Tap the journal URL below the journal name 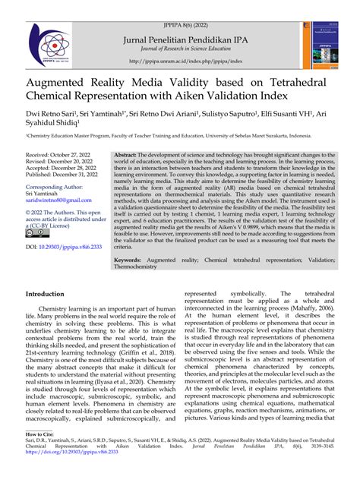180,62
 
